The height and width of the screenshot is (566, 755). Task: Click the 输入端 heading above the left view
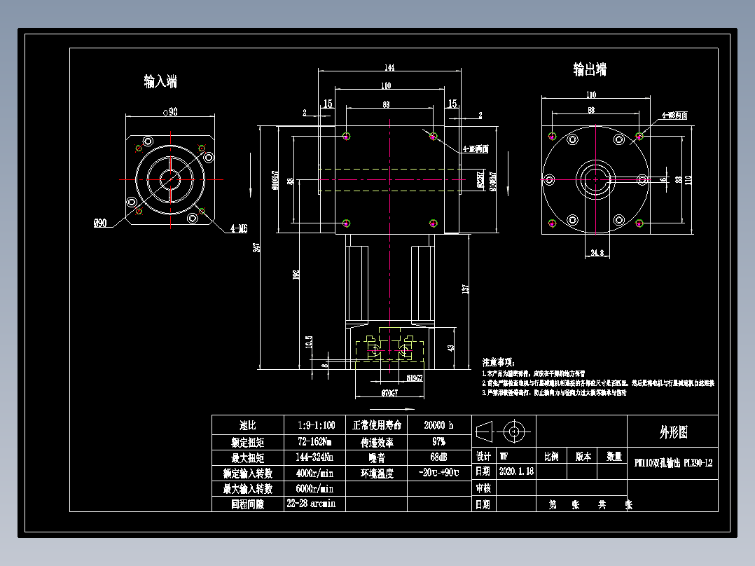click(160, 82)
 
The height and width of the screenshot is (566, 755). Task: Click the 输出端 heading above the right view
click(590, 69)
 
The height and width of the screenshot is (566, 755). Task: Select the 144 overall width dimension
click(389, 67)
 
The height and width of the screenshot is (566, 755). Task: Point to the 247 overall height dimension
click(256, 249)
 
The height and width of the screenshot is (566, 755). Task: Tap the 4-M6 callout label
click(239, 228)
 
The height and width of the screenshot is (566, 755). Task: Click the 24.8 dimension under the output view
click(597, 252)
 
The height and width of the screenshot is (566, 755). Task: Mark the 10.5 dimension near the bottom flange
click(309, 342)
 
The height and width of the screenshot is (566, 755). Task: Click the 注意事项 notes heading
click(498, 362)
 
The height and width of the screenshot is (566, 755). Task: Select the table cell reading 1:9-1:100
click(316, 425)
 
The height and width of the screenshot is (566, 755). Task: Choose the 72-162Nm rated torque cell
click(316, 442)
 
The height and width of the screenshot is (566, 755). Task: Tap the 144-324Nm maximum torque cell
click(316, 457)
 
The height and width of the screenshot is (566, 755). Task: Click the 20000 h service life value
click(438, 425)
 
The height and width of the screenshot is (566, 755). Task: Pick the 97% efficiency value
click(438, 442)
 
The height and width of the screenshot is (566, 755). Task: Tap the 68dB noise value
click(438, 457)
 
